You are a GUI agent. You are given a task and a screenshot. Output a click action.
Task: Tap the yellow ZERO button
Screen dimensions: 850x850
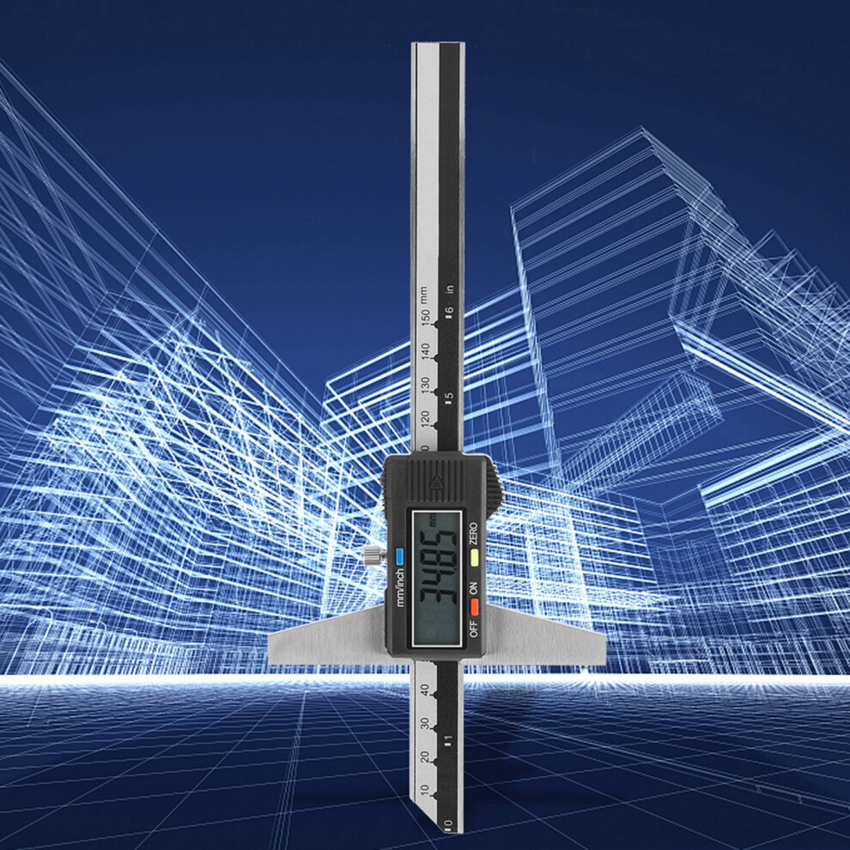[474, 557]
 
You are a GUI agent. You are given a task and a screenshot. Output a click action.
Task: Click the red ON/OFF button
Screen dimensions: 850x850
[474, 607]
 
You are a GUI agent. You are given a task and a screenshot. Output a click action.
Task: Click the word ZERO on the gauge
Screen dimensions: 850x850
[474, 533]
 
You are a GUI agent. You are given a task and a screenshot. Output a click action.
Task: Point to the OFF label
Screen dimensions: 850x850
[474, 628]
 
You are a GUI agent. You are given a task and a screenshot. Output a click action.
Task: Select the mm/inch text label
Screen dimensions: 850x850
[400, 587]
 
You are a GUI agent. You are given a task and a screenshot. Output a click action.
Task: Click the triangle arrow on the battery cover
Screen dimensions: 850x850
[436, 482]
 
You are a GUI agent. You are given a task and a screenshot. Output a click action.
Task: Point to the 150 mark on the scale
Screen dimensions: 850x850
[426, 317]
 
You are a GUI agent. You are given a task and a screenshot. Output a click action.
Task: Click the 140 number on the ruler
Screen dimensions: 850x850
[426, 351]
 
